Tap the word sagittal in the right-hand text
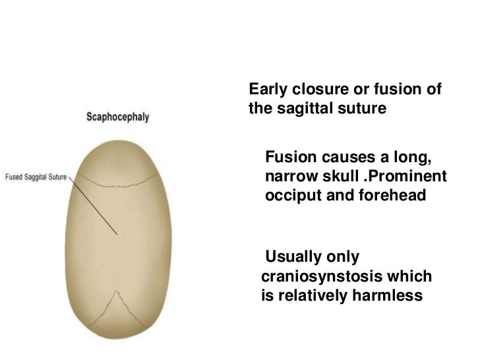[303, 107]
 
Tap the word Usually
[293, 256]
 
